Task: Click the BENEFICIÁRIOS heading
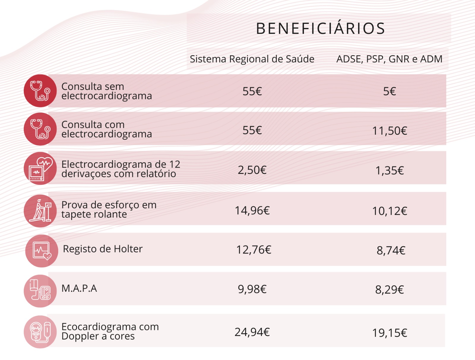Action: (x=320, y=29)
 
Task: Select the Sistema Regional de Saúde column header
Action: (x=252, y=59)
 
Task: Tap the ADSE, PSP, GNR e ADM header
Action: (x=389, y=59)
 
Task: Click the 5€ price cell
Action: (x=389, y=91)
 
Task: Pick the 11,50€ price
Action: (x=389, y=131)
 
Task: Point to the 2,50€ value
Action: (x=252, y=170)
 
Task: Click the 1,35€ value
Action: (x=389, y=170)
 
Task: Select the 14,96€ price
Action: (x=252, y=210)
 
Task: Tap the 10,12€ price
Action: (x=389, y=211)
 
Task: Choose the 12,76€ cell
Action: (x=254, y=250)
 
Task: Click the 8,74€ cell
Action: (x=391, y=250)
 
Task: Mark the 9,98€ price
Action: (x=252, y=289)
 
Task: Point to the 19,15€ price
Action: (x=389, y=333)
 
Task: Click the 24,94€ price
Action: (x=252, y=332)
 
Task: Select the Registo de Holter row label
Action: (x=103, y=249)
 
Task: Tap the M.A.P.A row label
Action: (x=79, y=288)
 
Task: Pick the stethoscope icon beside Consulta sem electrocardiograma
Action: (x=40, y=91)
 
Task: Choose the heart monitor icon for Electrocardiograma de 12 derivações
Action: (x=40, y=168)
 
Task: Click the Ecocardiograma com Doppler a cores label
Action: (x=110, y=331)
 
